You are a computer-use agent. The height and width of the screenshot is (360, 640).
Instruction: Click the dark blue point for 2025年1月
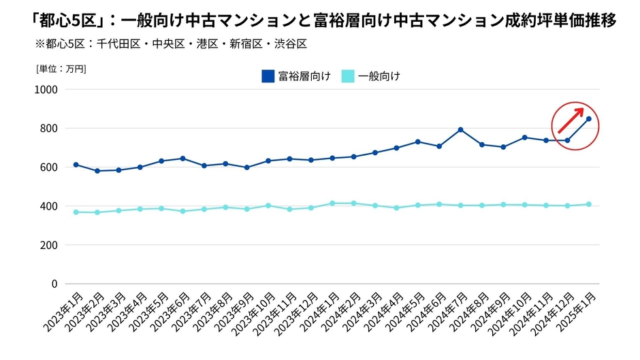[x=589, y=119]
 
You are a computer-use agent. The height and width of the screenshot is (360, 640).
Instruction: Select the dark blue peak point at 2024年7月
[x=461, y=129]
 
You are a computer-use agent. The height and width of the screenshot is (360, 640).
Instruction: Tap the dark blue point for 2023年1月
[x=76, y=165]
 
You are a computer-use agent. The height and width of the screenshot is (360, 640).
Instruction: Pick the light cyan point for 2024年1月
[x=332, y=203]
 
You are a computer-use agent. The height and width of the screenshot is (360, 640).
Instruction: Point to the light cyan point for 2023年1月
[x=76, y=212]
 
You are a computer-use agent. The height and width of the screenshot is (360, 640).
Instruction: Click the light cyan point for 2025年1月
[x=589, y=204]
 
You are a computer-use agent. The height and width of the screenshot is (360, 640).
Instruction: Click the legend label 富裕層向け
[x=304, y=76]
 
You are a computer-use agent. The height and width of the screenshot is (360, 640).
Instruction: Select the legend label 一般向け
[x=379, y=76]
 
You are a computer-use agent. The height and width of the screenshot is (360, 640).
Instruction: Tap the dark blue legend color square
[x=268, y=76]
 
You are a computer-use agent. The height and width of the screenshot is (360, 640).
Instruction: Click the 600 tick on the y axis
[x=49, y=167]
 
